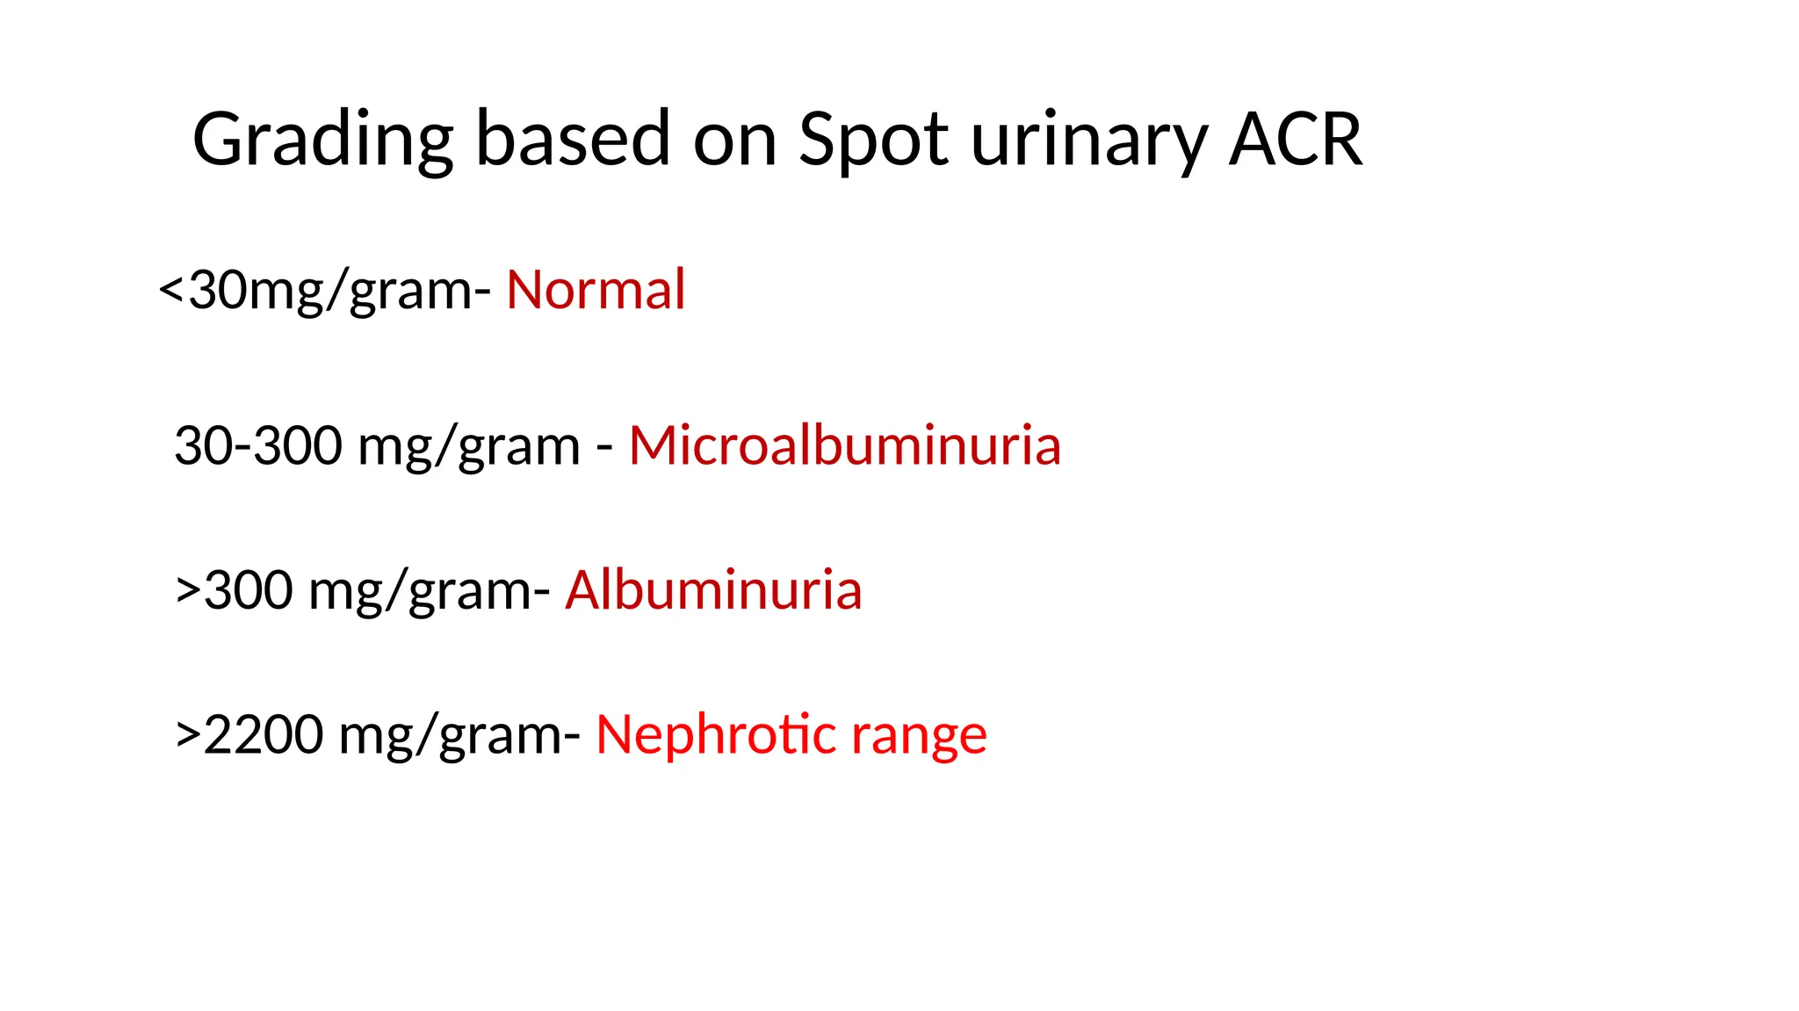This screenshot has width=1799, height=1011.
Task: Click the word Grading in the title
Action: [x=322, y=140]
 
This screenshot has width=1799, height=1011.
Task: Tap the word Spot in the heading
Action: [x=872, y=140]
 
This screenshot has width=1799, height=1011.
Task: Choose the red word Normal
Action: [x=596, y=290]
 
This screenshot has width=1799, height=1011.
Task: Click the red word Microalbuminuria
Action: [x=844, y=445]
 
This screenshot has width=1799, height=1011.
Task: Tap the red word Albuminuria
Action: [x=713, y=589]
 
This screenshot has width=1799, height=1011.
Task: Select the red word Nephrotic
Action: [x=715, y=734]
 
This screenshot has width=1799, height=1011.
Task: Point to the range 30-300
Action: [x=258, y=445]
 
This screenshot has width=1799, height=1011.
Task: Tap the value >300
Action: [x=235, y=589]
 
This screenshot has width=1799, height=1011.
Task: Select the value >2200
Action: [x=249, y=734]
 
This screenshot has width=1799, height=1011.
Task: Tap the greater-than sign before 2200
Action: [x=188, y=734]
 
